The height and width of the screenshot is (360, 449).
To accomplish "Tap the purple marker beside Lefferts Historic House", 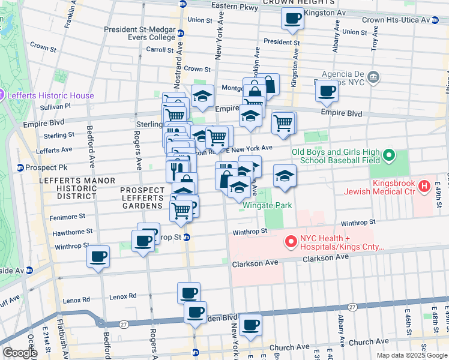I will coord(2,95).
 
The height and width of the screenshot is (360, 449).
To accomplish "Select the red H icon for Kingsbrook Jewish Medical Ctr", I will coord(425,186).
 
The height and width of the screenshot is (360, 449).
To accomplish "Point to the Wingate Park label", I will coord(267,205).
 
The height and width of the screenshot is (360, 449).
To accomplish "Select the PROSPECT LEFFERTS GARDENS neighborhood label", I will coord(142,198).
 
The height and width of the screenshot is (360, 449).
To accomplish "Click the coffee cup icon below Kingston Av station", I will coord(292,19).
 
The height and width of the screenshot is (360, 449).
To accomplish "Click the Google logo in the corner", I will coord(20,353).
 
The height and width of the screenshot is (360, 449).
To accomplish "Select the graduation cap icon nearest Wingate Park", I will coord(285,176).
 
